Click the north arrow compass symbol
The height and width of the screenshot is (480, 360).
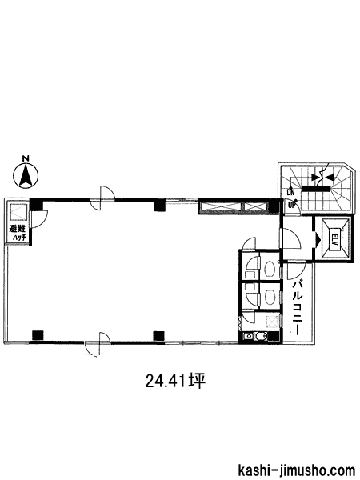point(26,176)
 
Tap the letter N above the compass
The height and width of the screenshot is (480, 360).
point(26,158)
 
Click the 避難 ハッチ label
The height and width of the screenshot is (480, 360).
point(18,233)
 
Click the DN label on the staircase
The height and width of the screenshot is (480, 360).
point(290,193)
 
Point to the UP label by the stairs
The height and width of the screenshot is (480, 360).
point(291,205)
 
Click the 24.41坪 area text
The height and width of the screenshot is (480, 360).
point(174,381)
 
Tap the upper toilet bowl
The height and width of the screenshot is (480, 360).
point(270,269)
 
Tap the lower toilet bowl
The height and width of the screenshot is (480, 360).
point(270,297)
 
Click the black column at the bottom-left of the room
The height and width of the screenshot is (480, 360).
point(38,335)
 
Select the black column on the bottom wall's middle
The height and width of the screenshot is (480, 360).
point(159,336)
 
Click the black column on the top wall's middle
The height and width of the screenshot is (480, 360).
point(159,205)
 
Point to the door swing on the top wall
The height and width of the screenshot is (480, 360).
point(103,198)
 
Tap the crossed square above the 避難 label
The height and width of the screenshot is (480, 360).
point(19,212)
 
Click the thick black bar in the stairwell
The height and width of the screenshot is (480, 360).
point(316,188)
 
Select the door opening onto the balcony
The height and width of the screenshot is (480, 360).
point(296,270)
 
